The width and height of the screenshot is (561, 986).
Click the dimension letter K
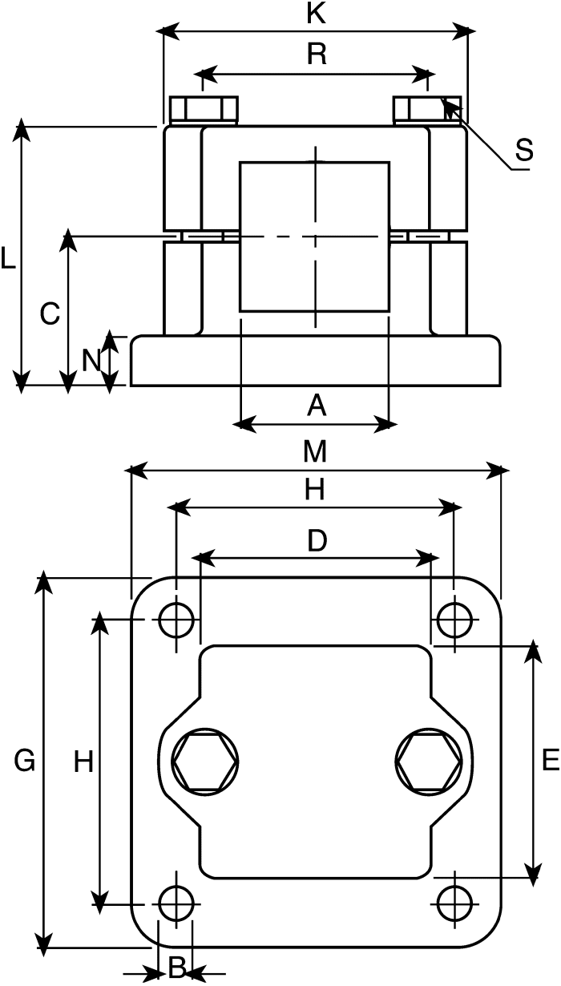316,14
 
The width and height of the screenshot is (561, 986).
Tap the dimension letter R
317,55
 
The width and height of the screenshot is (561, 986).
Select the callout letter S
524,149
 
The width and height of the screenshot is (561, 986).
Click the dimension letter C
50,314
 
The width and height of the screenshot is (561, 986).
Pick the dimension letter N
91,361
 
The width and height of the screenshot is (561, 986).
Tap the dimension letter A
317,406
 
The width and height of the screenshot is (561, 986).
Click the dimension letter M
316,451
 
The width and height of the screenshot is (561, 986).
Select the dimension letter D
317,540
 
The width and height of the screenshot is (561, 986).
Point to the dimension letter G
25,761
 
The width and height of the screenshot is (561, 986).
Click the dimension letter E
551,759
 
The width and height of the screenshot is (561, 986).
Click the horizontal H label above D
315,490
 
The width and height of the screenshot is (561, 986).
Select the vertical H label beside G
83,762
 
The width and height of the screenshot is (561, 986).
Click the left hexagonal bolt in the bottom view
205,762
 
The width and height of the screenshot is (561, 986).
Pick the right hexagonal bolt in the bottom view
429,762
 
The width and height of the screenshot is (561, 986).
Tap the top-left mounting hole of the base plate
176,620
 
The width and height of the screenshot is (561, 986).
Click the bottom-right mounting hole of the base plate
454,903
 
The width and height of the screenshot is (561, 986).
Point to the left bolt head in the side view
204,109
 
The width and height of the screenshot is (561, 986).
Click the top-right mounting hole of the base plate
454,620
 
